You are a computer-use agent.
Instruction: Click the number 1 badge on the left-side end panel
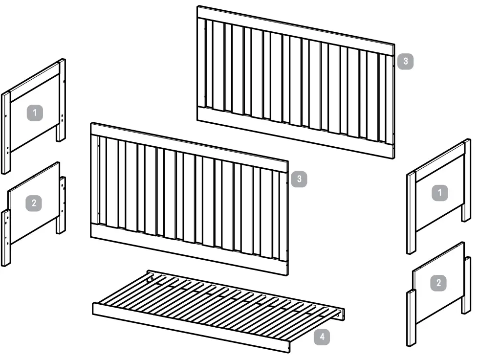click(x=35, y=113)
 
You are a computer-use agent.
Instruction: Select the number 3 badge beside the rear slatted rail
click(x=405, y=62)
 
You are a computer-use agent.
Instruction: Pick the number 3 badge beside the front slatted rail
click(x=299, y=180)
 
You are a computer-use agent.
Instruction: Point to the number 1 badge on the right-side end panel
click(x=439, y=193)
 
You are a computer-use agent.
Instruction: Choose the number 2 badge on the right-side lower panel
click(x=438, y=282)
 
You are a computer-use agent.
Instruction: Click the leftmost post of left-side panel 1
click(x=5, y=132)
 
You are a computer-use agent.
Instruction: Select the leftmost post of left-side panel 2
click(x=5, y=238)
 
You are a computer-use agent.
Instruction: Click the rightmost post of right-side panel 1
click(x=467, y=181)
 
